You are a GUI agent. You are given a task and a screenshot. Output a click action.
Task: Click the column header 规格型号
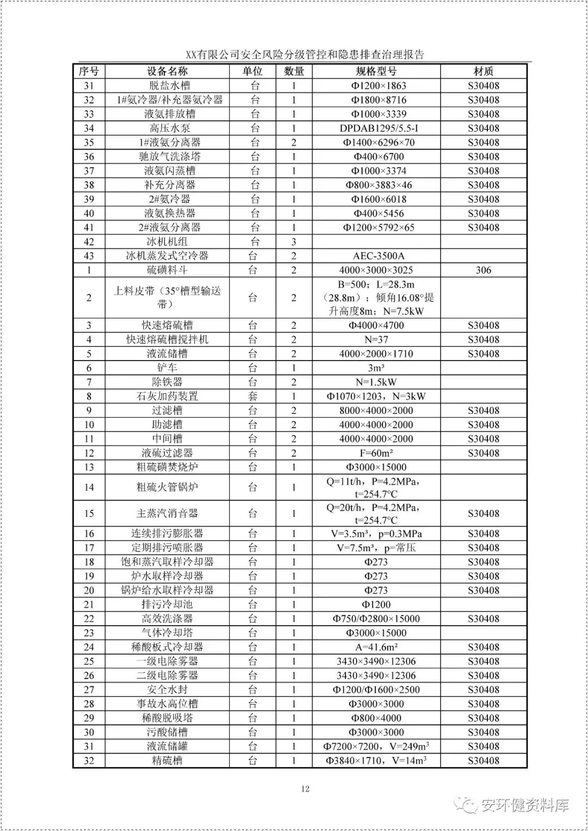pyautogui.click(x=376, y=71)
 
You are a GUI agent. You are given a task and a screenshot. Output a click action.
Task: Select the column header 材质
pyautogui.click(x=483, y=71)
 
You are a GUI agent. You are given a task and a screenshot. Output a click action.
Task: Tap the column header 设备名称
pyautogui.click(x=167, y=71)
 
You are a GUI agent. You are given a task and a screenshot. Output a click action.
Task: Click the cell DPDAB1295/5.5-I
pyautogui.click(x=379, y=129)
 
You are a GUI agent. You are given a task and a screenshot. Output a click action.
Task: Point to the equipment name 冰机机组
pyautogui.click(x=167, y=242)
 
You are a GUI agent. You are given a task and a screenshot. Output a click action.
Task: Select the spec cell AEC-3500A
pyautogui.click(x=379, y=256)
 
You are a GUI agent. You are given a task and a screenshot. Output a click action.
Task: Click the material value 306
pyautogui.click(x=483, y=270)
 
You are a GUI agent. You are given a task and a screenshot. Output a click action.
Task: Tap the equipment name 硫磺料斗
pyautogui.click(x=167, y=270)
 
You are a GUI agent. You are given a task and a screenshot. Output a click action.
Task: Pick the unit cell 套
pyautogui.click(x=253, y=396)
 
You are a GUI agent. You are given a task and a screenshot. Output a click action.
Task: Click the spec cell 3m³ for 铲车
pyautogui.click(x=376, y=368)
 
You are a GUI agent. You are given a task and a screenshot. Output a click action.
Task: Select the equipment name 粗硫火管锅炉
pyautogui.click(x=167, y=487)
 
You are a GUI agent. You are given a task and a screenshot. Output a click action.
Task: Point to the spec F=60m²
pyautogui.click(x=376, y=453)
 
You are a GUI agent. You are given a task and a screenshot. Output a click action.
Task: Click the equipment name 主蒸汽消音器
pyautogui.click(x=167, y=514)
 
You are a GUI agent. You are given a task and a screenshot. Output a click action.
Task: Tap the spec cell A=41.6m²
pyautogui.click(x=376, y=647)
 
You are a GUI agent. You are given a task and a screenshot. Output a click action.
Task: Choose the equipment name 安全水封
pyautogui.click(x=167, y=690)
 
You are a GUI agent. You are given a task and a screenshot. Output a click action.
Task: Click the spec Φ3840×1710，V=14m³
pyautogui.click(x=376, y=761)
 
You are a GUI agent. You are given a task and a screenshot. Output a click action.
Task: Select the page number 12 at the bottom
pyautogui.click(x=305, y=789)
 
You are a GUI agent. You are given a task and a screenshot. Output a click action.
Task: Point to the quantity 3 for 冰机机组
pyautogui.click(x=294, y=242)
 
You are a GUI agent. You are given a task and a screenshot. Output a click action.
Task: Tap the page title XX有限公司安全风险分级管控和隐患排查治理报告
pyautogui.click(x=305, y=54)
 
